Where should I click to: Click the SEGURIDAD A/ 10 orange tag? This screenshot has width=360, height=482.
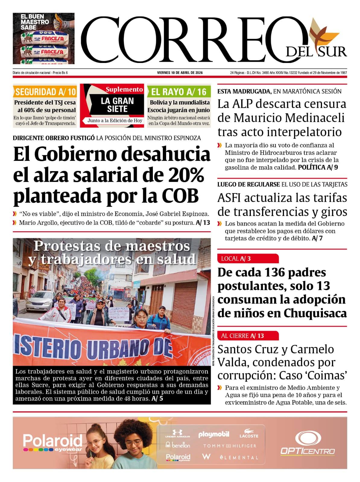(46, 92)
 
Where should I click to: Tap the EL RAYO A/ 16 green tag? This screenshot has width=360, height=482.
(179, 92)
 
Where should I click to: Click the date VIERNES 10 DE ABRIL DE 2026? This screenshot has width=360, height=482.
(180, 73)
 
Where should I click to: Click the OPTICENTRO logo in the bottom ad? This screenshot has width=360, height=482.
(308, 443)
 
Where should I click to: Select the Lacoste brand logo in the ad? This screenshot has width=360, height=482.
(249, 434)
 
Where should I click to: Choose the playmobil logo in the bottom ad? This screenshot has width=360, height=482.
(214, 434)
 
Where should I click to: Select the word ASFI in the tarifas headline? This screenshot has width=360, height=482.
(230, 198)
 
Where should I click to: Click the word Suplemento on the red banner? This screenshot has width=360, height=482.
(124, 89)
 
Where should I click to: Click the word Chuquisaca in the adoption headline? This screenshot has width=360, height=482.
(315, 313)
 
